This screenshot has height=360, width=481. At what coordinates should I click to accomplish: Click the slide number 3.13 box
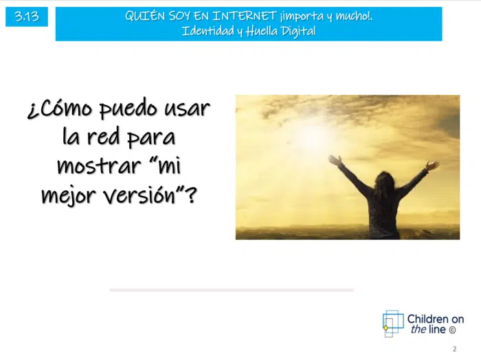(27, 16)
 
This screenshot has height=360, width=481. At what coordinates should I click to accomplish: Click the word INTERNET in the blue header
(245, 16)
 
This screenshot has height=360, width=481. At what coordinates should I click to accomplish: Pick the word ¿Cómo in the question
(60, 109)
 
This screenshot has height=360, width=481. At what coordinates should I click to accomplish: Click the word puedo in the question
(129, 109)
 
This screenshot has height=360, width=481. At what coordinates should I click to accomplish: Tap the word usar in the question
(187, 109)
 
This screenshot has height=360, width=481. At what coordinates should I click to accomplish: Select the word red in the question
(103, 137)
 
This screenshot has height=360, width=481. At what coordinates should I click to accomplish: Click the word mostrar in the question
(99, 166)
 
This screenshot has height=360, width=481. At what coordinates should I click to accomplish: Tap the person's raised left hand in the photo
(335, 160)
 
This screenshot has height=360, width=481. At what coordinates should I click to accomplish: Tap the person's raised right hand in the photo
(432, 166)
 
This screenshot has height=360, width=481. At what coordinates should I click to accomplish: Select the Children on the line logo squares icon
(393, 324)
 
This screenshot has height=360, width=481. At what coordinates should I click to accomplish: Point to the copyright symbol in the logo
(452, 330)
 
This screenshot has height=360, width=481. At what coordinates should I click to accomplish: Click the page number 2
(455, 349)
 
